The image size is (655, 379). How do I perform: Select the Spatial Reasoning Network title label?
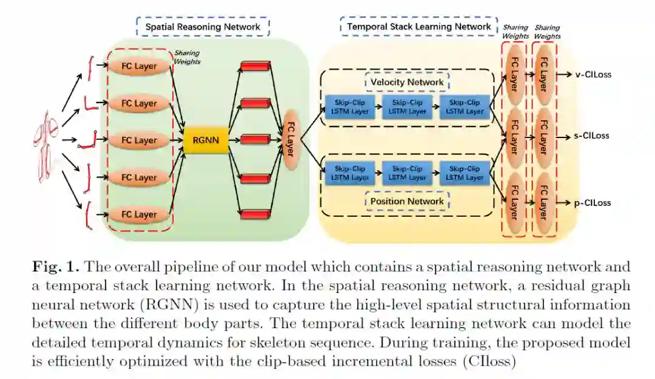point(203,27)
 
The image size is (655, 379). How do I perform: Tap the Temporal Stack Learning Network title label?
point(419,27)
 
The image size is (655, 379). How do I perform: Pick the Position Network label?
point(407,201)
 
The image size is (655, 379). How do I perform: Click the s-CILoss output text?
point(592,136)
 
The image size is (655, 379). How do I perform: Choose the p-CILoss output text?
point(592,203)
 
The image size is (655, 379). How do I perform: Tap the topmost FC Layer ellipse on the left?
point(139,67)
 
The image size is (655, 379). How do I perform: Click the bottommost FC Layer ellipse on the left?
point(139,214)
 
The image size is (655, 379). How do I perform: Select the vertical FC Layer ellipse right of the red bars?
point(289,140)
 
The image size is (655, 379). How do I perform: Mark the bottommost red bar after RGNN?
point(255,214)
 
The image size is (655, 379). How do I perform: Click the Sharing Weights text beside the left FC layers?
point(187,57)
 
